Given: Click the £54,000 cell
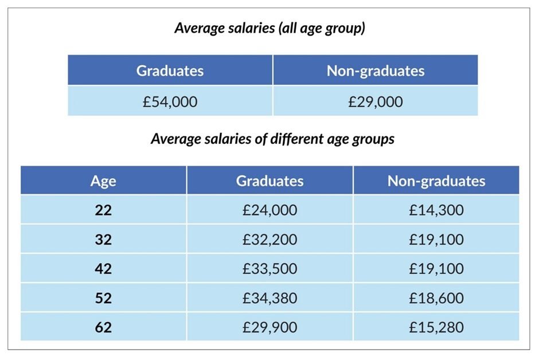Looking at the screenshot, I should pyautogui.click(x=170, y=101).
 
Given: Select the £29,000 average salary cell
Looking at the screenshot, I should pyautogui.click(x=375, y=101).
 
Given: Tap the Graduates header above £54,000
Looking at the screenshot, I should pyautogui.click(x=170, y=71).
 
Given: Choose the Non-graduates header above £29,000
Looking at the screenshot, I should pyautogui.click(x=375, y=71).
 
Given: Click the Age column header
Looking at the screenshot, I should pyautogui.click(x=103, y=181).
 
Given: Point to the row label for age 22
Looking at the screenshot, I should pyautogui.click(x=103, y=210).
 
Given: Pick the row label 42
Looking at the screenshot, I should pyautogui.click(x=103, y=269).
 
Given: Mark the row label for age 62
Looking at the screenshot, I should pyautogui.click(x=103, y=327).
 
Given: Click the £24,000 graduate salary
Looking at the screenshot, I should pyautogui.click(x=269, y=210).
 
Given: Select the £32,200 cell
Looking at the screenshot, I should pyautogui.click(x=269, y=240).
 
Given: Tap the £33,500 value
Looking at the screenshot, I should pyautogui.click(x=269, y=269).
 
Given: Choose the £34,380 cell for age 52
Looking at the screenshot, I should pyautogui.click(x=269, y=298).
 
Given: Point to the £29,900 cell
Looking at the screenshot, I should pyautogui.click(x=269, y=327).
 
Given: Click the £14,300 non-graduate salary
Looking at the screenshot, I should pyautogui.click(x=436, y=210).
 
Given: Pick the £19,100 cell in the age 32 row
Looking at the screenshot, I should pyautogui.click(x=436, y=240).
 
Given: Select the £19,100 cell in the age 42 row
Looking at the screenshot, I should pyautogui.click(x=436, y=269).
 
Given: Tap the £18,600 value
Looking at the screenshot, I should pyautogui.click(x=436, y=298).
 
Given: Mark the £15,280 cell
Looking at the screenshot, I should pyautogui.click(x=436, y=327).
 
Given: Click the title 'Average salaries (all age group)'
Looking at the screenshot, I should pyautogui.click(x=269, y=29).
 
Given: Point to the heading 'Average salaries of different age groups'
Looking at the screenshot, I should pyautogui.click(x=272, y=139).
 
